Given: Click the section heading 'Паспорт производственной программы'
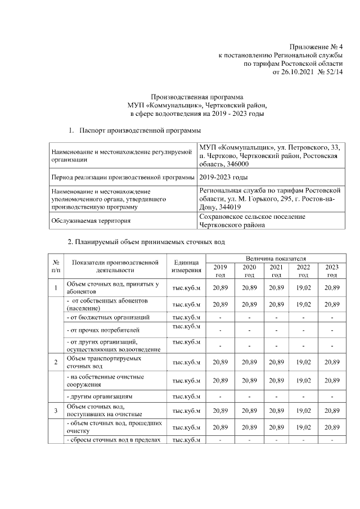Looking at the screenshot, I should tap(140, 130).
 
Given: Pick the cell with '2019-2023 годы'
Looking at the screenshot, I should tap(223, 177).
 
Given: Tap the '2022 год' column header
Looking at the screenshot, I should tap(303, 271).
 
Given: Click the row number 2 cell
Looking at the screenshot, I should tap(56, 362).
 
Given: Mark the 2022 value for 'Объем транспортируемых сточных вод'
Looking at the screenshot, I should tap(303, 362).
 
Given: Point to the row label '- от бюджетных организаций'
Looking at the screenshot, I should tap(108, 317).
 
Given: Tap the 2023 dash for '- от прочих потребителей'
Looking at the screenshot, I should tap(332, 330).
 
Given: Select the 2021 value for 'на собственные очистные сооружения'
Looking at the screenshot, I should tap(276, 380).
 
